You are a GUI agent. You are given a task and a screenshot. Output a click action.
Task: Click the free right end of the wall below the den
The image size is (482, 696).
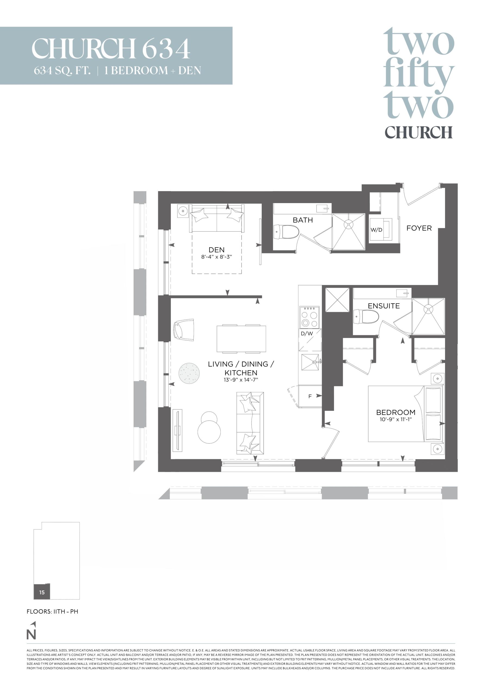pos(261,297)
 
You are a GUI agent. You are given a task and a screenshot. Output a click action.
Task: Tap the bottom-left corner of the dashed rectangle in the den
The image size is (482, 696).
pos(192,274)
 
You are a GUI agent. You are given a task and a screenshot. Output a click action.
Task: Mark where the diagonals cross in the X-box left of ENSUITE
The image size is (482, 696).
pos(337,300)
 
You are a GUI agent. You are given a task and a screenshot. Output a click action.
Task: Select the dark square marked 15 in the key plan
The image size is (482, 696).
pos(42,592)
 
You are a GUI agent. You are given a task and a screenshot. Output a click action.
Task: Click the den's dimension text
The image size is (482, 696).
pos(217,257)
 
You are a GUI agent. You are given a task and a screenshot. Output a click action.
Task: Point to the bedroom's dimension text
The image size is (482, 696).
pos(396,419)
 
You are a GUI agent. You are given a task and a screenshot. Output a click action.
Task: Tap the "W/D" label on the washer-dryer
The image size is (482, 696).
pos(376,230)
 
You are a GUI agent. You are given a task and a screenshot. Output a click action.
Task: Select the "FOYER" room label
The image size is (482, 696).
pos(419,228)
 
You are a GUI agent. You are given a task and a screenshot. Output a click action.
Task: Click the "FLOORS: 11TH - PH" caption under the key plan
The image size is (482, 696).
pos(52,612)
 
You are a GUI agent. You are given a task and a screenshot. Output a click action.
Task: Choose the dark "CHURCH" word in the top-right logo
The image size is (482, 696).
pos(419,132)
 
